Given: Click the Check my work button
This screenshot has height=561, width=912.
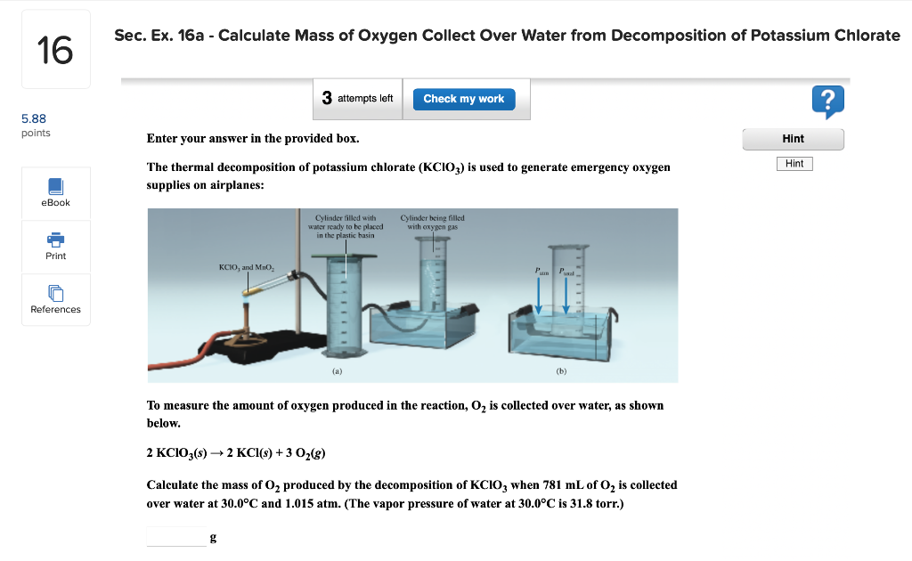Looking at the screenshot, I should [x=463, y=99].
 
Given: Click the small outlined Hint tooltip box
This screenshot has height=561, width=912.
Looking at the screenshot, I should [x=795, y=164].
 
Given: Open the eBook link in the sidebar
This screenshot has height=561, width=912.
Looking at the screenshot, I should [x=55, y=191].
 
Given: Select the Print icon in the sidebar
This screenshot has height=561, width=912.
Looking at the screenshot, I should [x=55, y=245].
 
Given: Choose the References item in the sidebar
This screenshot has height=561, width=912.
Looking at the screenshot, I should [x=55, y=298].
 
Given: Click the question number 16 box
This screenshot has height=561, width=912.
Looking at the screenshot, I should [x=55, y=50].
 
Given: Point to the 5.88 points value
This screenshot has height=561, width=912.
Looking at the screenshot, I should [x=34, y=118].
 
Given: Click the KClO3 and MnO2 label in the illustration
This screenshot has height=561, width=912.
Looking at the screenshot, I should [x=247, y=267].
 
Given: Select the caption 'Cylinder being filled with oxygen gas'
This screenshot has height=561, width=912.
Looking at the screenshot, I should [x=432, y=222].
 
